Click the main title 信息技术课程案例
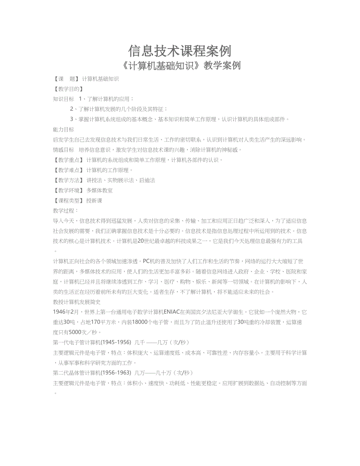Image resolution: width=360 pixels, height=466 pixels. [x=180, y=50]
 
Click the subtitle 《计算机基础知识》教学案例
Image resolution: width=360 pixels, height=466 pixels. [x=180, y=66]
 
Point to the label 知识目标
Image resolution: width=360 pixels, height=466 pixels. [x=63, y=99]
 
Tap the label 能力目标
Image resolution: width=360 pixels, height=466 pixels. [x=63, y=130]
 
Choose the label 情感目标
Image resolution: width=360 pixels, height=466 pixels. [x=63, y=150]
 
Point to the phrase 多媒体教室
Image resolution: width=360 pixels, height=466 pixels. [x=99, y=191]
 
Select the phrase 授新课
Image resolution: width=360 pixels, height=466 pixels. [x=94, y=201]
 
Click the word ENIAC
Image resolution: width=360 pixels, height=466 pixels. [x=171, y=312]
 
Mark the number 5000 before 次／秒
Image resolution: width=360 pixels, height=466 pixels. [x=75, y=333]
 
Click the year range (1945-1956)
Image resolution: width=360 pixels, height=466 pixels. [x=115, y=343]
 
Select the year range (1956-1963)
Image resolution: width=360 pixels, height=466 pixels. [x=115, y=373]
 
